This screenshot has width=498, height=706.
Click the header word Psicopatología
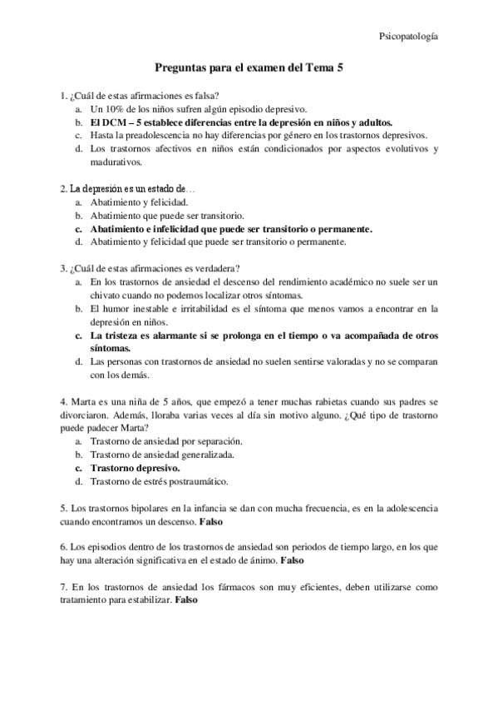point(409,36)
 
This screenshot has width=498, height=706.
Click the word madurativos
point(116,162)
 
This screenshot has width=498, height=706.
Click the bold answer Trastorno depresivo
point(135,468)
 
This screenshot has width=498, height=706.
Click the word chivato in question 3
point(108,295)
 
